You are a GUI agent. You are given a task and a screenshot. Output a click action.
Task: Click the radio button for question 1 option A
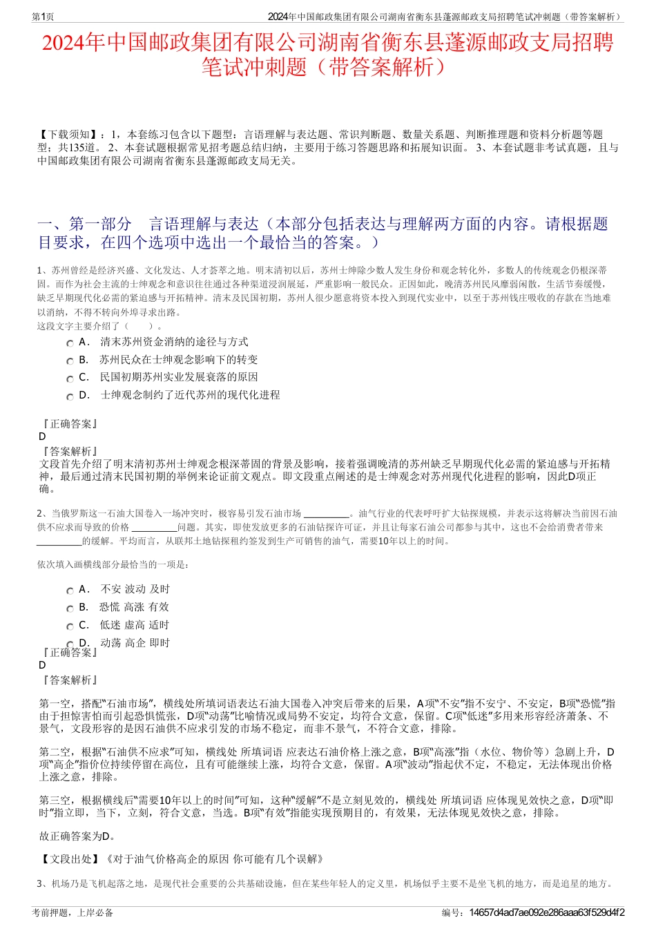point(70,343)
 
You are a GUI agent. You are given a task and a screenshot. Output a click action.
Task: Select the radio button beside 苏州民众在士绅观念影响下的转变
point(70,361)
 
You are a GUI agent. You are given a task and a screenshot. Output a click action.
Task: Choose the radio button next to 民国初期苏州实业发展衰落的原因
point(70,379)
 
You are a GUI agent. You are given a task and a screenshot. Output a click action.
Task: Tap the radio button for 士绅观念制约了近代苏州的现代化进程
point(70,397)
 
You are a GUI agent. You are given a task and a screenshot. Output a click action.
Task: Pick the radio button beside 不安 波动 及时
point(70,591)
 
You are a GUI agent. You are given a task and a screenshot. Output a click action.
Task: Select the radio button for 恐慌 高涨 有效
point(70,609)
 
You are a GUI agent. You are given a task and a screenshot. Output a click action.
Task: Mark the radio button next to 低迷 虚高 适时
point(70,626)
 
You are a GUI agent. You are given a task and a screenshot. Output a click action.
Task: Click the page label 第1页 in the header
point(44,17)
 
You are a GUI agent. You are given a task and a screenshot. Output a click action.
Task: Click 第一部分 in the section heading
point(100,224)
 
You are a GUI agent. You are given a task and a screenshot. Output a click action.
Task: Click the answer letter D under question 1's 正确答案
point(42,437)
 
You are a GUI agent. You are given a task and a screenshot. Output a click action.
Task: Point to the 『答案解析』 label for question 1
point(69,451)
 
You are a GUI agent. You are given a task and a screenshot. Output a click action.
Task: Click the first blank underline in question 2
point(326,514)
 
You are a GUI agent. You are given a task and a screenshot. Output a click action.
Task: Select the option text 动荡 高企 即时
point(135,643)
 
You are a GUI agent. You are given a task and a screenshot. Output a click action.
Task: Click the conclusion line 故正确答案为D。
point(77,836)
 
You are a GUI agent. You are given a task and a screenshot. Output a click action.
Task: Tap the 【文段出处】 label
point(69,859)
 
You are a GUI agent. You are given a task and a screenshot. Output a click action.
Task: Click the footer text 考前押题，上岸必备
point(73,912)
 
